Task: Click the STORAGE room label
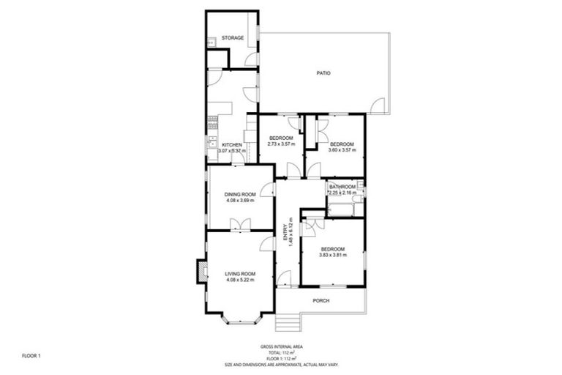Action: (233, 37)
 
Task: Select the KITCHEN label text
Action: (232, 145)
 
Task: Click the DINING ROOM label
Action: (240, 194)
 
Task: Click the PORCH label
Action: (321, 301)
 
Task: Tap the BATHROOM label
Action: (342, 187)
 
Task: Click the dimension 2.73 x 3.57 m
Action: (281, 144)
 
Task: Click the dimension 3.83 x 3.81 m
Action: (331, 256)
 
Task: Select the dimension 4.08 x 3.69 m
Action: (240, 200)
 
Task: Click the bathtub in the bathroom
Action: (342, 209)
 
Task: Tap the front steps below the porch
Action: (288, 323)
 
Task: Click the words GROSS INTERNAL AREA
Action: (280, 346)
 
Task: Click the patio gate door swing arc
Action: (378, 107)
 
